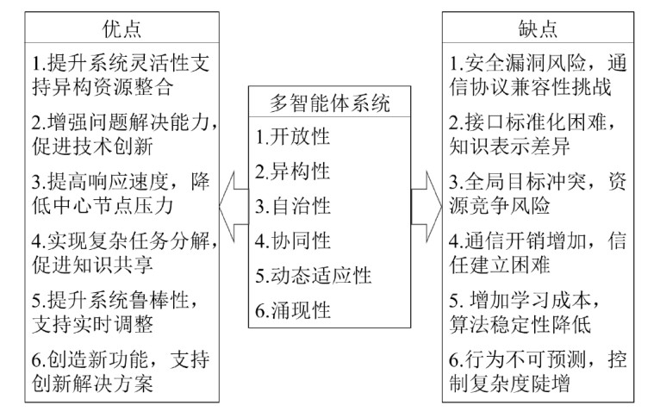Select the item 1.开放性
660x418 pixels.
[x=293, y=138]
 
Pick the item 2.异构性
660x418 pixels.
[x=293, y=172]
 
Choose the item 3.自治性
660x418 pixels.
[x=293, y=207]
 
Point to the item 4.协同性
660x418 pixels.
[x=293, y=241]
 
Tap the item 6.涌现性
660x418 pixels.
[x=293, y=310]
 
